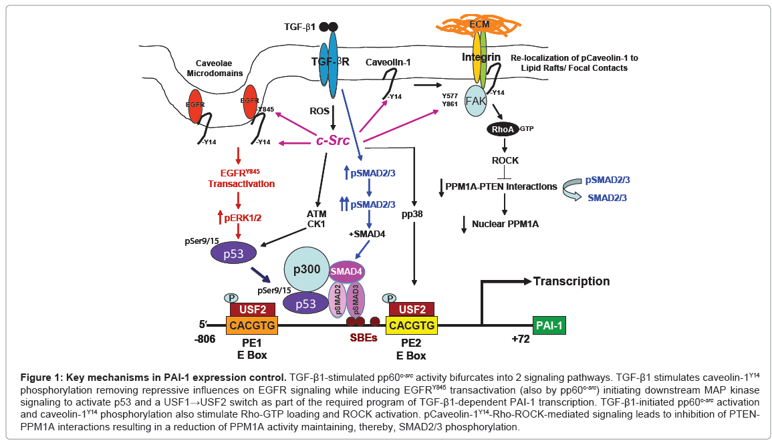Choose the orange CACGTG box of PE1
coord(251,325)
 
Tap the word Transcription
coord(571,281)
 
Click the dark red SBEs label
coord(364,337)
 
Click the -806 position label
coord(205,339)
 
